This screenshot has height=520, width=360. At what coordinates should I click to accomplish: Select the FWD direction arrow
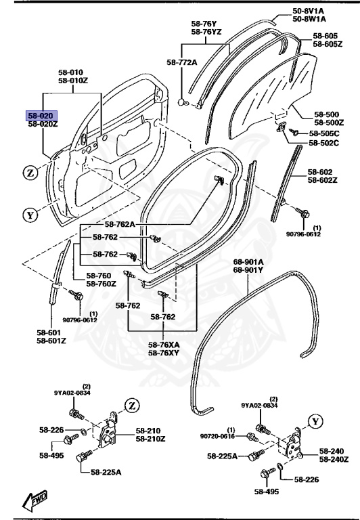(35, 501)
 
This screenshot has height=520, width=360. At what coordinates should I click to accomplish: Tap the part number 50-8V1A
(309, 11)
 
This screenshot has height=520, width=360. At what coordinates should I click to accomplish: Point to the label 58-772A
(181, 62)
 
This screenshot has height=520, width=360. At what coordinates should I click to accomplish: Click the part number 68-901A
(248, 261)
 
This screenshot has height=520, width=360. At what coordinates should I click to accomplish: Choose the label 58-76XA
(164, 344)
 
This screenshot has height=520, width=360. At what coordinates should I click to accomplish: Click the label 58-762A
(120, 224)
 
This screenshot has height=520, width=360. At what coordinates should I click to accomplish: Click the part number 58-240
(332, 451)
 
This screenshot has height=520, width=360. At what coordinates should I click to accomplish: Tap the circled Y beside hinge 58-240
(314, 421)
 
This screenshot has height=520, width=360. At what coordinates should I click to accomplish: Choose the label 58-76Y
(204, 23)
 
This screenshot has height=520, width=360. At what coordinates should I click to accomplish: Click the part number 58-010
(70, 72)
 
